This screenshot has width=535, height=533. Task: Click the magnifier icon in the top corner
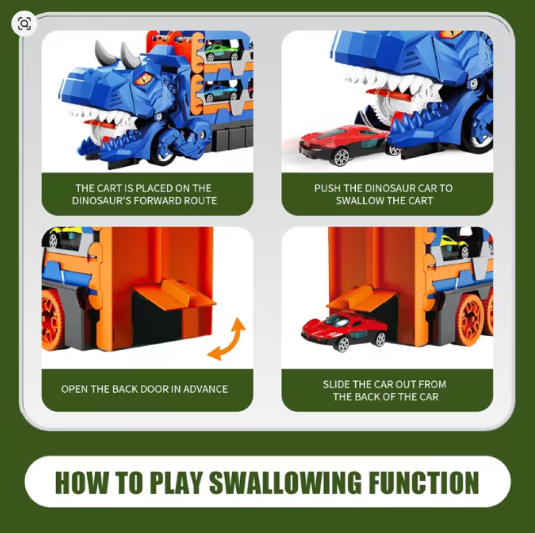[x=24, y=24]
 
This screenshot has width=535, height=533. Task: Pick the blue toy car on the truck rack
[x=221, y=92]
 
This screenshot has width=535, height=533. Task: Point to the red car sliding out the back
[x=344, y=331]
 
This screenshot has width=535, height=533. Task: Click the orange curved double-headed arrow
[x=226, y=339]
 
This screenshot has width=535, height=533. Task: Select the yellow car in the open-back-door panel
[x=64, y=237]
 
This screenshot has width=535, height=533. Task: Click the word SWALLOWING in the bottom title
[x=285, y=482]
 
